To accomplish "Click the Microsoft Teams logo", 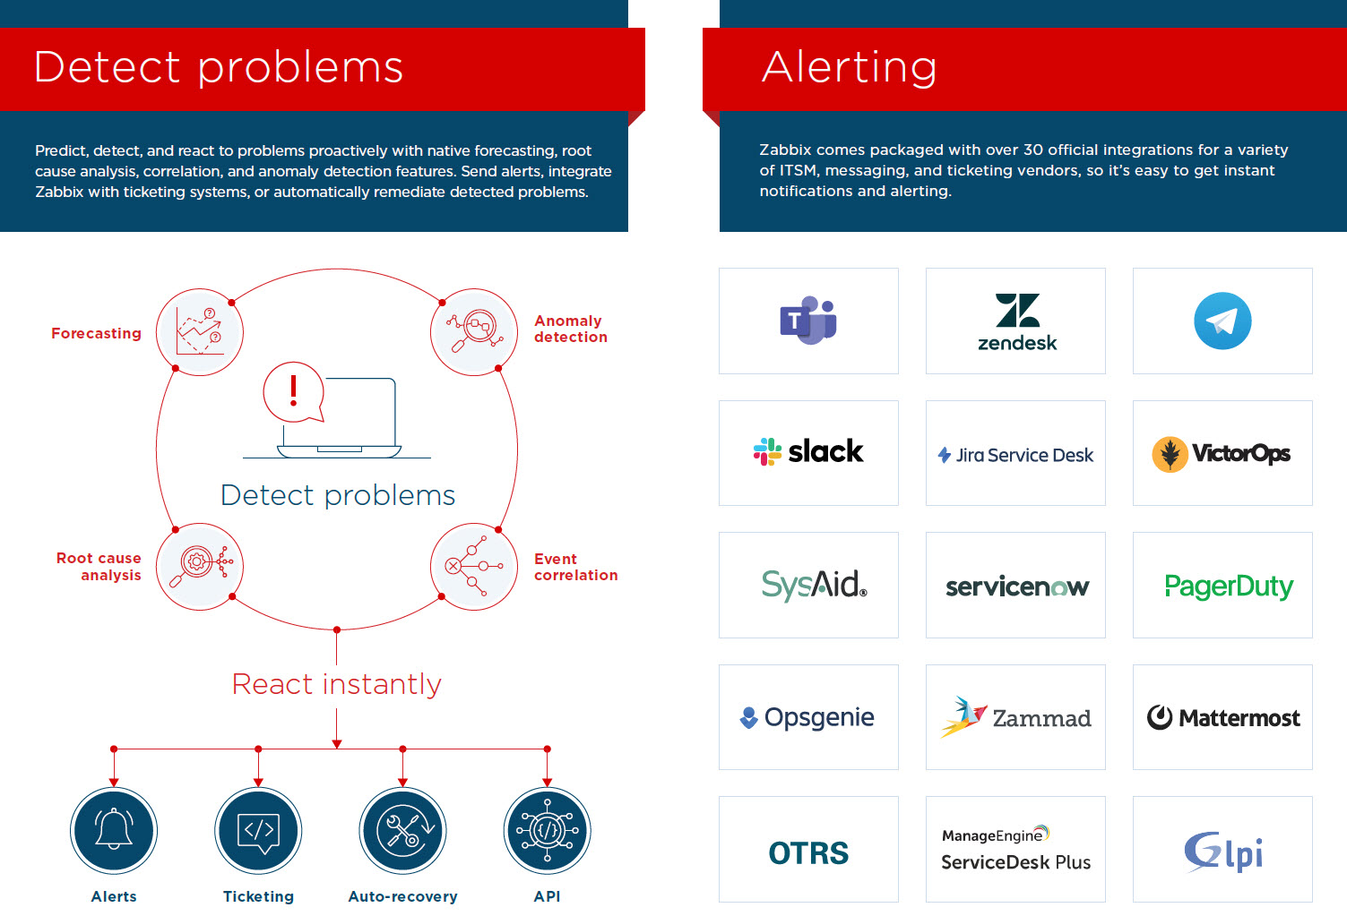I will tap(807, 321).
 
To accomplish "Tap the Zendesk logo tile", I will tap(1015, 321).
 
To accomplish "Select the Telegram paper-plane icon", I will tap(1222, 321).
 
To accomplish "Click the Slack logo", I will tap(808, 452).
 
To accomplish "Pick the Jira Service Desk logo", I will tap(1015, 455).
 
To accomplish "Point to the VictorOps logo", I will tap(1222, 454).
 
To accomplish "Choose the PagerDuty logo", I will tap(1228, 586).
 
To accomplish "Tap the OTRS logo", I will tap(808, 852).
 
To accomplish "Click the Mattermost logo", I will tap(1222, 717).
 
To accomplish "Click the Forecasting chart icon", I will tap(200, 331).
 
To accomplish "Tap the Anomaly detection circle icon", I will tap(474, 331).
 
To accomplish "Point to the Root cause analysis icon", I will tap(200, 566).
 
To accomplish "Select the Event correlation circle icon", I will tap(474, 566).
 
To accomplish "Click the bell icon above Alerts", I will tap(114, 830).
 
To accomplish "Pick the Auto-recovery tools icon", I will tap(402, 830).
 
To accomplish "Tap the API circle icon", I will tap(547, 830).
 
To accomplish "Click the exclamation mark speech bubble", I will tap(293, 391).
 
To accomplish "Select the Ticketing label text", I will tap(258, 896).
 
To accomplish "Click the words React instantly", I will tap(337, 684).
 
